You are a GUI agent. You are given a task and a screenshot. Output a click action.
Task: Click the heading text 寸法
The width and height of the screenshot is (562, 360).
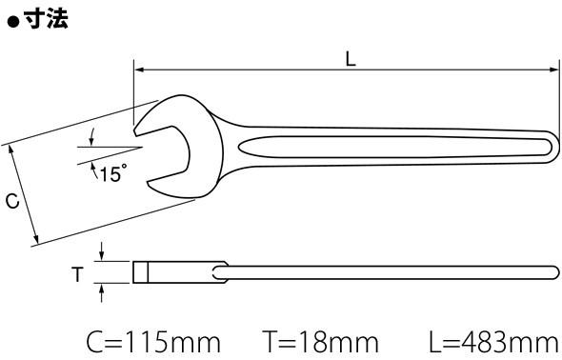point(47,18)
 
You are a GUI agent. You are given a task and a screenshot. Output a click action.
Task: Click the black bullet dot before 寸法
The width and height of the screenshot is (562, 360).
point(13,23)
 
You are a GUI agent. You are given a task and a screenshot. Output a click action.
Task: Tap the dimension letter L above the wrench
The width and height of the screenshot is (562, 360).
point(351,59)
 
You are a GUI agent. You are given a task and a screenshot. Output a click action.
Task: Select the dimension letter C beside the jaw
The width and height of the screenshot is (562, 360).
point(12,201)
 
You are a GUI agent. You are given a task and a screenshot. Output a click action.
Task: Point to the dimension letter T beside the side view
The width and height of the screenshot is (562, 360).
point(77,274)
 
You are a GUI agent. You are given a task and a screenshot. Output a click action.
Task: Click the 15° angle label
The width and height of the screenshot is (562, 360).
point(113,174)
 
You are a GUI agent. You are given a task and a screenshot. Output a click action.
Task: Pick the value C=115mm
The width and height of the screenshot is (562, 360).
point(153,342)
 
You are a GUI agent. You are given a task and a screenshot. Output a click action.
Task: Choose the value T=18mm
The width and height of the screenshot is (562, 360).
point(321,342)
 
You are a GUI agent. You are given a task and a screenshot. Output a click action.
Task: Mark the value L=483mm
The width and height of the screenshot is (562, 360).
point(495,342)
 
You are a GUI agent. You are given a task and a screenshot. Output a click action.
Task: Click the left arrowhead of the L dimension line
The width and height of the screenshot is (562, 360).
point(139,70)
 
